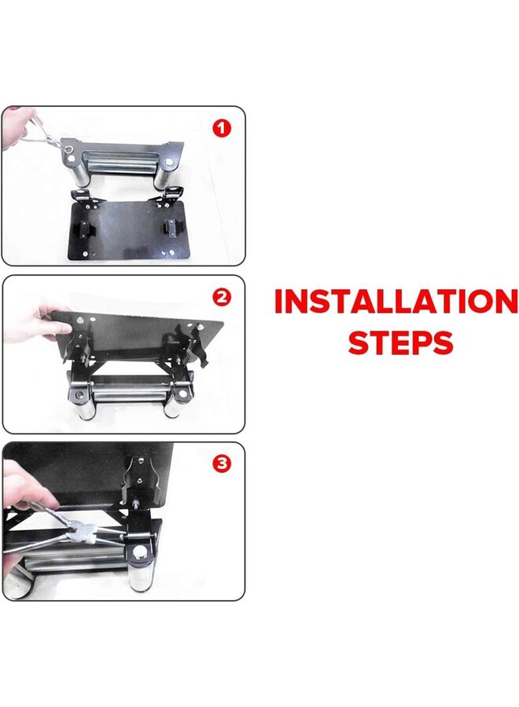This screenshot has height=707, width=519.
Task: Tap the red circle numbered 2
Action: coord(223,298)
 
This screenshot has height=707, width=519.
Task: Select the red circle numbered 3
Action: coord(223,464)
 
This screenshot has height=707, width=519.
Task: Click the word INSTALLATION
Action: coord(396,302)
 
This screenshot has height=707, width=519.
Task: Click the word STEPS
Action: coord(400,343)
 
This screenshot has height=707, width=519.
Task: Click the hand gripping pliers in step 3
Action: coord(24,487)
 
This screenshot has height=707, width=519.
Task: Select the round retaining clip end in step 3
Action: coord(142,553)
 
